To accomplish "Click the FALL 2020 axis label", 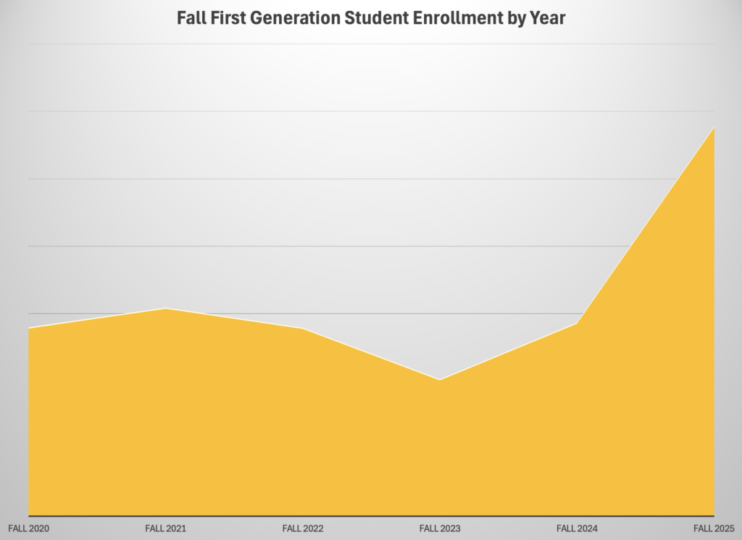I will [28, 528].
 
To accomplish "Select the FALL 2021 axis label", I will [165, 528].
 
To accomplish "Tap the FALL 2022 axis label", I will [303, 528].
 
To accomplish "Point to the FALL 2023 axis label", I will [440, 528].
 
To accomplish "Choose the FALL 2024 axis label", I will [577, 528].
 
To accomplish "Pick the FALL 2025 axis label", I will [714, 528].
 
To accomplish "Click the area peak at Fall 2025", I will [714, 128].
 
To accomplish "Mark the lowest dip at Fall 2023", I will [440, 380].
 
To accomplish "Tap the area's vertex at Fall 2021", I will [165, 309].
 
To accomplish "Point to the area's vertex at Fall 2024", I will [577, 323].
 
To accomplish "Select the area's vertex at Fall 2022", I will [303, 329].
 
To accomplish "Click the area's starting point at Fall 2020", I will [29, 328].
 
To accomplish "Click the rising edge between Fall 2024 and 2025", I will [645, 226].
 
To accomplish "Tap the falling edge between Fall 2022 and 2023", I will [371, 354].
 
